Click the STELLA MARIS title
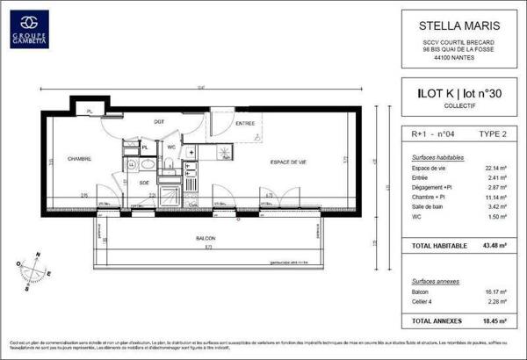pos(449,25)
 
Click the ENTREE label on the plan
pos(246,125)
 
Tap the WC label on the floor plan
pos(172,147)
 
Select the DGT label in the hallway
pos(159,121)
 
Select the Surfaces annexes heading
pos(432,279)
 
